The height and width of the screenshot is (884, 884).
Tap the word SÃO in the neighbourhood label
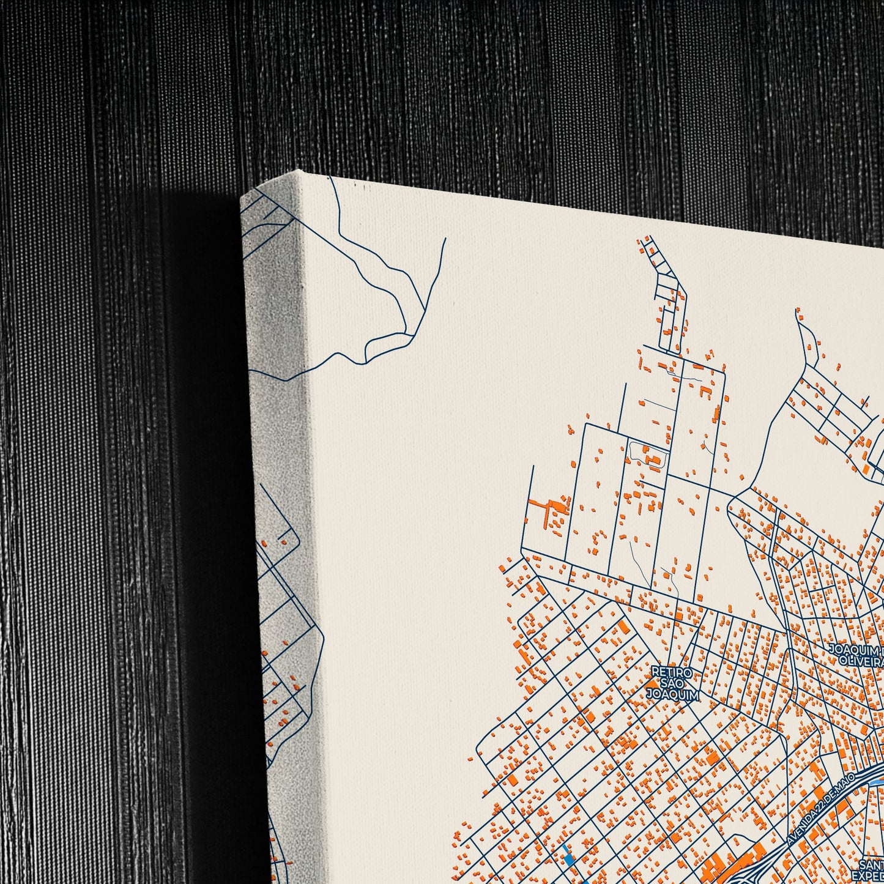point(672,683)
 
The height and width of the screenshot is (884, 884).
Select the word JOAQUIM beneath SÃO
point(672,694)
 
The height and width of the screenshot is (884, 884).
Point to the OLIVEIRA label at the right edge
point(863,662)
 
